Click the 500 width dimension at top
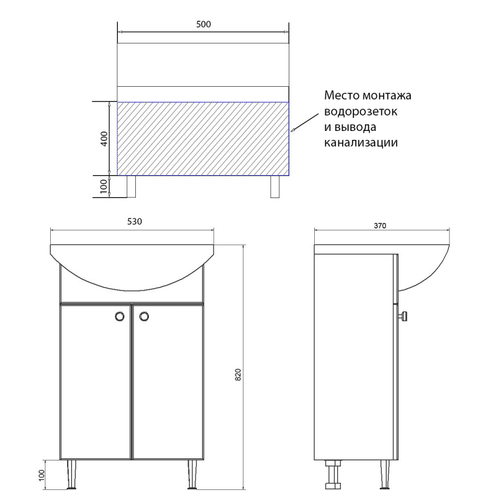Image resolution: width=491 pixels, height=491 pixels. tap(203, 25)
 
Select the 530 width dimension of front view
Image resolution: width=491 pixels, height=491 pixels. tap(134, 221)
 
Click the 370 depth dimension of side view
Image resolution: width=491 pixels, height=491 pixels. tap(381, 226)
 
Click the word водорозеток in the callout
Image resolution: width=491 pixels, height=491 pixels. tap(360, 112)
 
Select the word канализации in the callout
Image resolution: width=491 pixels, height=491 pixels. tap(361, 143)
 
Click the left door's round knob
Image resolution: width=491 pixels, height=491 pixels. tap(118, 316)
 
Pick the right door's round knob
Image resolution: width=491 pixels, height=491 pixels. tap(144, 316)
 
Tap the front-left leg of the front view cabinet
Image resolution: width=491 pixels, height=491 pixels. tap(72, 473)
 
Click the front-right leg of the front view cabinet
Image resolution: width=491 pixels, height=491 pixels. tap(192, 473)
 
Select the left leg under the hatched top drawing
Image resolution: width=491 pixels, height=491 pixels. tap(131, 187)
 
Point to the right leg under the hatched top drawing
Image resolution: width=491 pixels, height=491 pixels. tap(276, 187)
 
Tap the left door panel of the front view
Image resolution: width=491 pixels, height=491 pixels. tap(95, 382)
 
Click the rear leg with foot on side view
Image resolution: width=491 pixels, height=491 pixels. tap(333, 474)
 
